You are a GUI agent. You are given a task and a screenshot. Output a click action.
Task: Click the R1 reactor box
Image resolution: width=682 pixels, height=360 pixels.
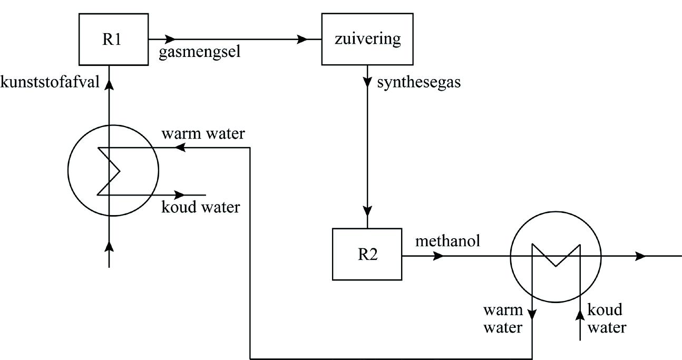tap(113, 39)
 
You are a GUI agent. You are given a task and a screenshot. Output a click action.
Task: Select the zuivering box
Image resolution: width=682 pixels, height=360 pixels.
tap(368, 39)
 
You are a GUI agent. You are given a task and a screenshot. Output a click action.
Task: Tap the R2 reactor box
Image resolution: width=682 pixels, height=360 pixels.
tap(366, 254)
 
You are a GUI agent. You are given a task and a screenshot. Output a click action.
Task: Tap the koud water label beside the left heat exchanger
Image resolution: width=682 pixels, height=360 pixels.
tap(201, 207)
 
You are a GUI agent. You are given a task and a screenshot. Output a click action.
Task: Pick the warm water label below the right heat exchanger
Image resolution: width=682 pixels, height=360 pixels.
tap(503, 318)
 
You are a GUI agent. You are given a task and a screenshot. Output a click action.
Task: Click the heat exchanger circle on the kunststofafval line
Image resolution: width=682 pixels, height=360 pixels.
tap(113, 170)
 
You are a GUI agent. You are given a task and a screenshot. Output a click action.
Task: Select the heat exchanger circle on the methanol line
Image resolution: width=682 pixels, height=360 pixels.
tap(556, 257)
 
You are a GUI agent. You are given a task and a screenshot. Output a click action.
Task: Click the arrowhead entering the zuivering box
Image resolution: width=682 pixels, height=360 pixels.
tap(303, 39)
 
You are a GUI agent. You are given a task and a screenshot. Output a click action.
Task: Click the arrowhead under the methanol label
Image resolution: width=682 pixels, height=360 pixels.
tap(438, 257)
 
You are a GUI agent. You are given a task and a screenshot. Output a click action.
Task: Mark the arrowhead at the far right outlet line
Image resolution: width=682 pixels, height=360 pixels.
tap(641, 257)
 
